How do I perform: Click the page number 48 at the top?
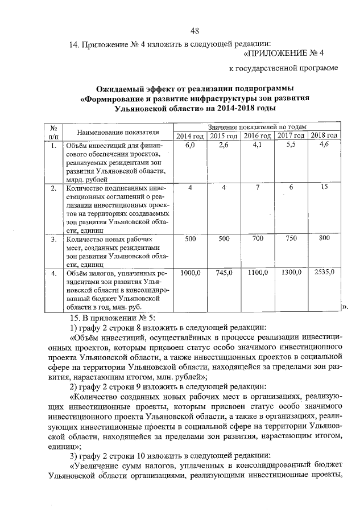click(195, 30)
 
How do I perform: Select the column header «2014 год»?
click(190, 135)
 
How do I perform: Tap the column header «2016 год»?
click(257, 135)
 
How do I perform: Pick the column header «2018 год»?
click(325, 135)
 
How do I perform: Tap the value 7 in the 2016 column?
click(257, 188)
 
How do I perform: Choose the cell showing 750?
click(291, 239)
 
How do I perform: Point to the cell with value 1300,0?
click(291, 274)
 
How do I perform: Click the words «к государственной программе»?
click(283, 69)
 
